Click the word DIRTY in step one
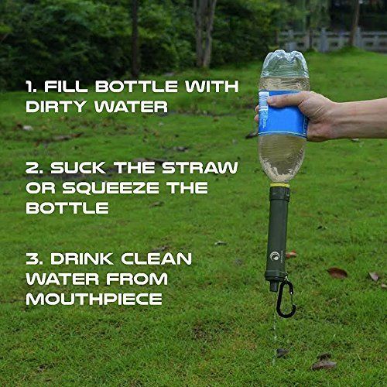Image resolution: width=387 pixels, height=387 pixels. click(56, 107)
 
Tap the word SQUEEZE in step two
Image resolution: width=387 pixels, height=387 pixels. click(111, 187)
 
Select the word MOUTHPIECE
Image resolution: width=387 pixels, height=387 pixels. click(94, 299)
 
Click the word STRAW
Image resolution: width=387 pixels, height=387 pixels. click(200, 168)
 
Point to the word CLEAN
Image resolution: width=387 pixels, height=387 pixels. click(156, 259)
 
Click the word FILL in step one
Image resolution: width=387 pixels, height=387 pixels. click(66, 86)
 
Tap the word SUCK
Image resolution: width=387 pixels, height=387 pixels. click(78, 168)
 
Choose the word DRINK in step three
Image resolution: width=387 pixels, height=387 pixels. click(82, 259)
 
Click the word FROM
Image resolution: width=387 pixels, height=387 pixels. click(137, 279)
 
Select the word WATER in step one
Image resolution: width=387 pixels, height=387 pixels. click(131, 107)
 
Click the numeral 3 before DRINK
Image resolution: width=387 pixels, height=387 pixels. click(33, 259)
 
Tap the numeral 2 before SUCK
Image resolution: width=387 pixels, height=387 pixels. click(33, 168)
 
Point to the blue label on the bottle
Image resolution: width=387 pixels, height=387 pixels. click(282, 114)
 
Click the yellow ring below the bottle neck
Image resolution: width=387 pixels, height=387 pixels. click(280, 185)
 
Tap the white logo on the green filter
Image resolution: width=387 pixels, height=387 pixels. click(275, 255)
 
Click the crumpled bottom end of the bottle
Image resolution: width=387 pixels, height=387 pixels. click(285, 62)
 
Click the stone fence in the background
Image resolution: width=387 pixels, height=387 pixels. click(333, 40)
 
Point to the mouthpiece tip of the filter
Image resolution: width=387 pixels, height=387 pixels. click(274, 287)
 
